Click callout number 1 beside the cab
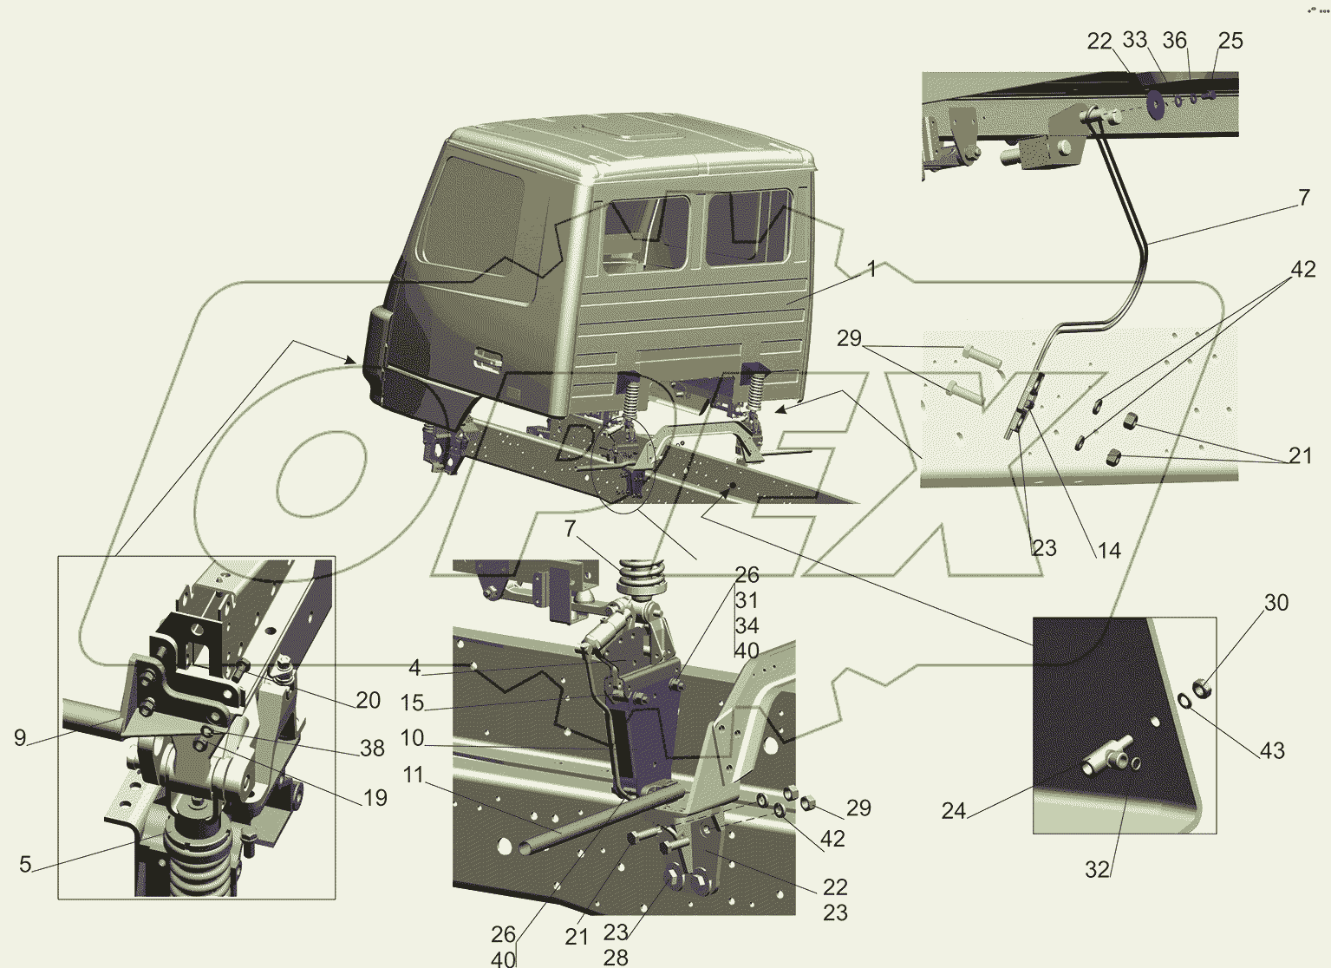(871, 269)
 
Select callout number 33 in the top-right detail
(1135, 40)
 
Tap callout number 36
(1175, 41)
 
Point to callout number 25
(1230, 41)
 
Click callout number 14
(1109, 550)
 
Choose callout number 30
(1276, 603)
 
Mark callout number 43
(1272, 750)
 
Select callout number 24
(954, 810)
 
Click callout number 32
(1098, 869)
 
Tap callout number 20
(369, 700)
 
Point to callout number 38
(373, 749)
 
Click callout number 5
(25, 864)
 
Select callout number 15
(412, 703)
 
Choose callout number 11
(414, 775)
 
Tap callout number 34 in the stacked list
(747, 625)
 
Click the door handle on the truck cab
(487, 359)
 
